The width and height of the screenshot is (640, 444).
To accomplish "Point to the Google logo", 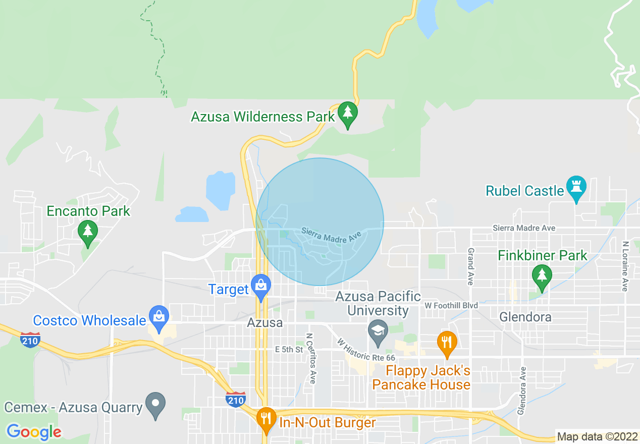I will tap(34, 432).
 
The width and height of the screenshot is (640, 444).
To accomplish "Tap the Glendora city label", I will tap(525, 317).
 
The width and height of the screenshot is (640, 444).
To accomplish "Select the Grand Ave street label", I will tap(470, 266).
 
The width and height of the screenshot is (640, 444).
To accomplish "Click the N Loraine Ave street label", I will tap(625, 266).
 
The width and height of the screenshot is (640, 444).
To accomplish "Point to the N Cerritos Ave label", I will tap(311, 358).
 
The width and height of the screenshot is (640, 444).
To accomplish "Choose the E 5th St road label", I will tap(289, 350).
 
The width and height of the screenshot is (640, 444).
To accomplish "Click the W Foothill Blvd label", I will tap(451, 306).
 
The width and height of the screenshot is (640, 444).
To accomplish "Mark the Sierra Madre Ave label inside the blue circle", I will tap(332, 235).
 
